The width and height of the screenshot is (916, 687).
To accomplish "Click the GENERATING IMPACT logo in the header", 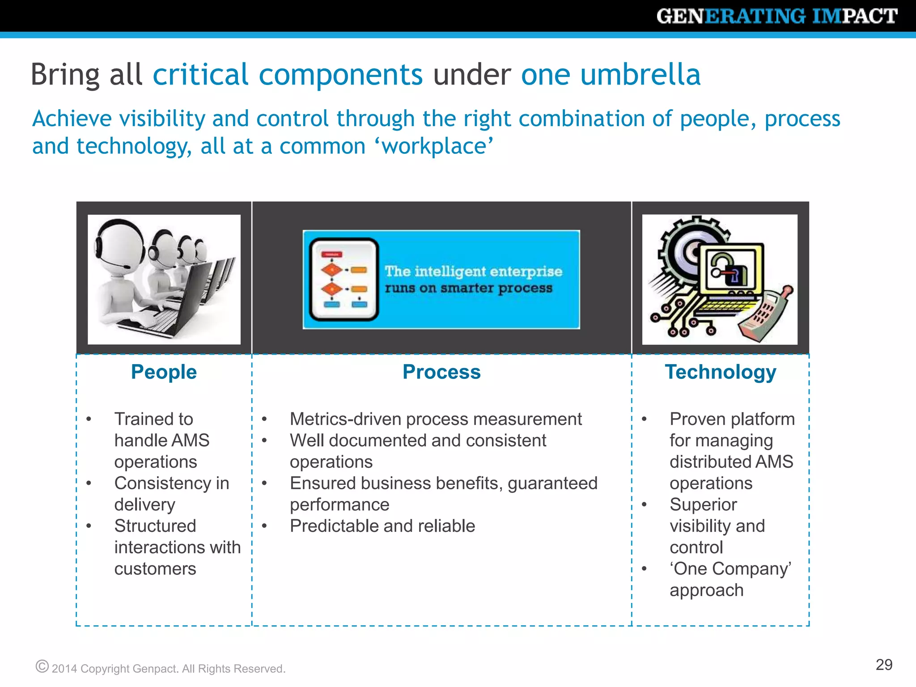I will coord(776,16).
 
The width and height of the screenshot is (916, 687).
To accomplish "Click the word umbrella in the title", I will coord(640,74).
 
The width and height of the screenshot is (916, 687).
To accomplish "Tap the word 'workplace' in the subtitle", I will coord(433,146).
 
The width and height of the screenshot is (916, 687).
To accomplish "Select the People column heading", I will coord(164,372).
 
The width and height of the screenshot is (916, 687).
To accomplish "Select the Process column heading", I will coord(441,372).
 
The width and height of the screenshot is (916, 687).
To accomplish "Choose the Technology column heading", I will coord(720,372).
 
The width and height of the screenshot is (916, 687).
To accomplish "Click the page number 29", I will coord(884,665).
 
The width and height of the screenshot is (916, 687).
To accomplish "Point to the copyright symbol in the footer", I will coord(42,666).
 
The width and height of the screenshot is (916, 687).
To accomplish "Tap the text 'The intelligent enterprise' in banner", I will coord(473,271).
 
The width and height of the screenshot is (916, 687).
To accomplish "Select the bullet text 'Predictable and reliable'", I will coord(382,526).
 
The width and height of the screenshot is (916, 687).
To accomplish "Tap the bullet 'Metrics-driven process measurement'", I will coord(435,419).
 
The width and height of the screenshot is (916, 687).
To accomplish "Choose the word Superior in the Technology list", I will coord(703,505).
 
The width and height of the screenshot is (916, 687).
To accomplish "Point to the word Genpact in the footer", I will coord(155,669).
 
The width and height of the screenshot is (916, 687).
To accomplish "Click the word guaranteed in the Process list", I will coord(552,483).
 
